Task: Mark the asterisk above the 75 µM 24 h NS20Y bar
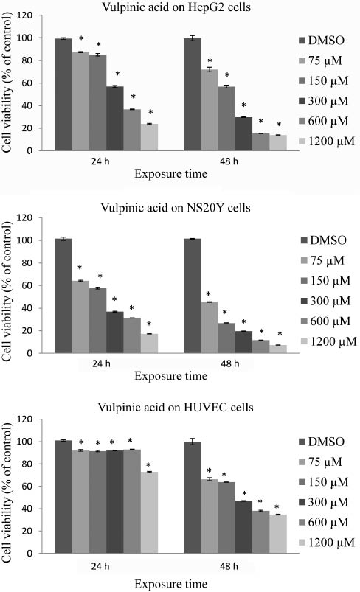pos(80,268)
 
